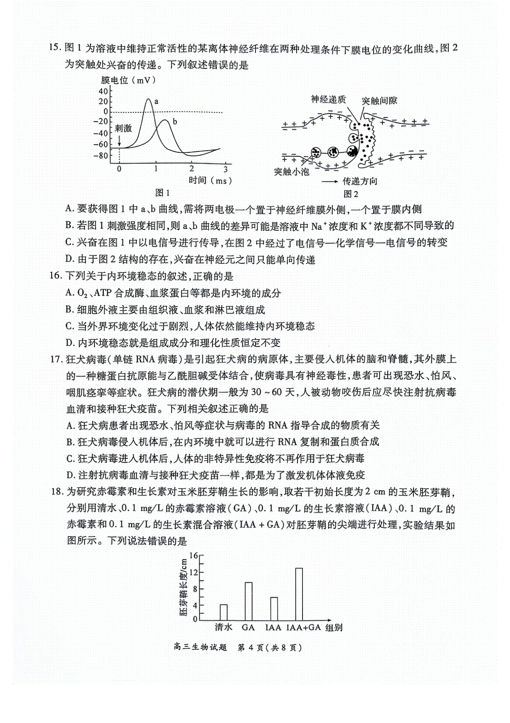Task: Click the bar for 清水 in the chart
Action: (x=224, y=612)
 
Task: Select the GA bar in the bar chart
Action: (x=249, y=601)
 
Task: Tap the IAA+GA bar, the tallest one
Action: (x=299, y=594)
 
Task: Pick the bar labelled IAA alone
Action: (x=274, y=609)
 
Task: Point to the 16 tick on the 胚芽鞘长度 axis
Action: (x=193, y=556)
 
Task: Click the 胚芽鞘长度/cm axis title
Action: (x=183, y=588)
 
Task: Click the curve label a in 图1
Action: (x=156, y=101)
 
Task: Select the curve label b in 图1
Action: (x=175, y=122)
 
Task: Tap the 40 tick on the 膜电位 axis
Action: (x=103, y=91)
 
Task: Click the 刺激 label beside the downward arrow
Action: (x=123, y=128)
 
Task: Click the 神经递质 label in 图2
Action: (x=328, y=100)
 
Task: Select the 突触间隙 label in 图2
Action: (x=380, y=100)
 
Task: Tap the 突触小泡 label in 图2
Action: (x=292, y=171)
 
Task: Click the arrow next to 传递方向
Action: (x=329, y=181)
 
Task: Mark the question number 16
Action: (x=56, y=276)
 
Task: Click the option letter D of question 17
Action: (x=71, y=475)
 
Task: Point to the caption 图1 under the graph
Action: (x=162, y=193)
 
